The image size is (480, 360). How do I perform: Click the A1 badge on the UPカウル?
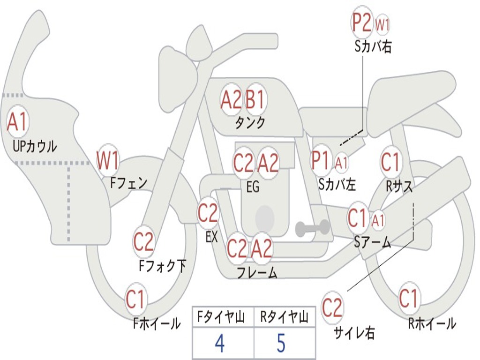18,122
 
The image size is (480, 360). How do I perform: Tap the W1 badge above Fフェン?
107,160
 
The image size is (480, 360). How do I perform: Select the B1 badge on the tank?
255,99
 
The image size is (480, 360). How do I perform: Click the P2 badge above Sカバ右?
362,23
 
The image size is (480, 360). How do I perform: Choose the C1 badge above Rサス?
390,162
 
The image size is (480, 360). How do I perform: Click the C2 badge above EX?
208,213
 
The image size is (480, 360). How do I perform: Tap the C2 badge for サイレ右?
332,308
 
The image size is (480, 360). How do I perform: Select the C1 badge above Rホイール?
408,298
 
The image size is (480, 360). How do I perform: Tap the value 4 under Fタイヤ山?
219,344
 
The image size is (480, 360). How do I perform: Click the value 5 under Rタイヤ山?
281,344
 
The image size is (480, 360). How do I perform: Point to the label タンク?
250,123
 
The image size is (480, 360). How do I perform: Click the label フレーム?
256,272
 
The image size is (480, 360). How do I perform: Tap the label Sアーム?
373,242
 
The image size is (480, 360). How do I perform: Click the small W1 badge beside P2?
382,25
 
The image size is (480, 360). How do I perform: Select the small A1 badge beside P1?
341,163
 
